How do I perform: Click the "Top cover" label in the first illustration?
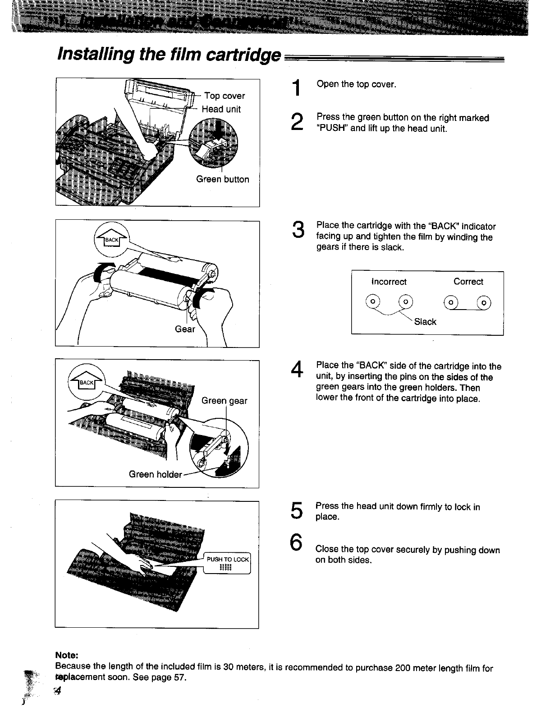click(x=225, y=96)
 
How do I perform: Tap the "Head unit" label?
click(x=221, y=109)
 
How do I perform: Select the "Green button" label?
click(x=223, y=179)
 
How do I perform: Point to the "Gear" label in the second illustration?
click(x=185, y=329)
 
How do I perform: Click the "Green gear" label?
click(x=224, y=401)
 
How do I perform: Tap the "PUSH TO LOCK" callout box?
click(x=227, y=563)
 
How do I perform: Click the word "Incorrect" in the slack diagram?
click(x=389, y=282)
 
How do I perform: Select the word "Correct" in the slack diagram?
click(x=468, y=282)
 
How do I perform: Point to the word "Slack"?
click(x=425, y=322)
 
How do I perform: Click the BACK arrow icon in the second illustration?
click(x=111, y=240)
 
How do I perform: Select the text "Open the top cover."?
click(x=356, y=84)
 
